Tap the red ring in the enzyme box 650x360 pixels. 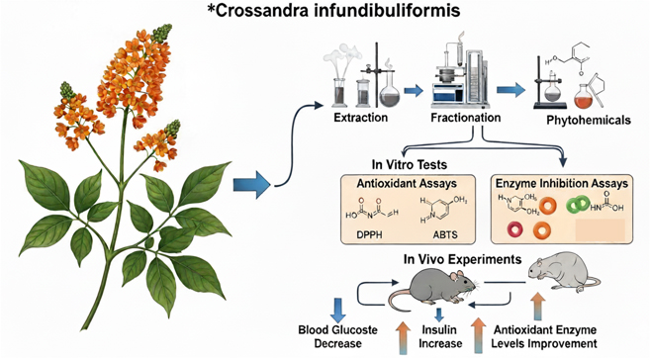(515, 230)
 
